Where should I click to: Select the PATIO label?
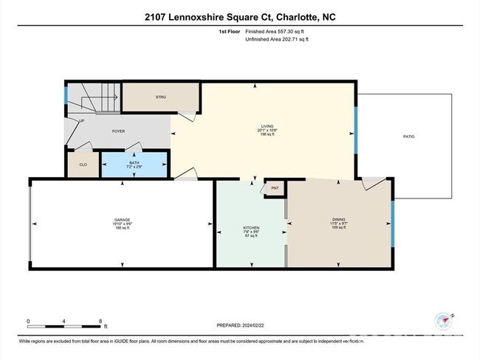click(x=408, y=136)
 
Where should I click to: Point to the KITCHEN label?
click(x=252, y=228)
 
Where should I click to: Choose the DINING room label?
click(x=338, y=218)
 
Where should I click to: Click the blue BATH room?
click(x=134, y=165)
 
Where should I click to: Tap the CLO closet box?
click(x=83, y=165)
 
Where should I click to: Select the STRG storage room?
click(x=160, y=97)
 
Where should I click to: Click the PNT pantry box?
click(x=275, y=188)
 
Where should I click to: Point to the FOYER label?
click(x=118, y=131)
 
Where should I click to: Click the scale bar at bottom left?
click(x=64, y=323)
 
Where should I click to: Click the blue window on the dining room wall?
click(x=392, y=221)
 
